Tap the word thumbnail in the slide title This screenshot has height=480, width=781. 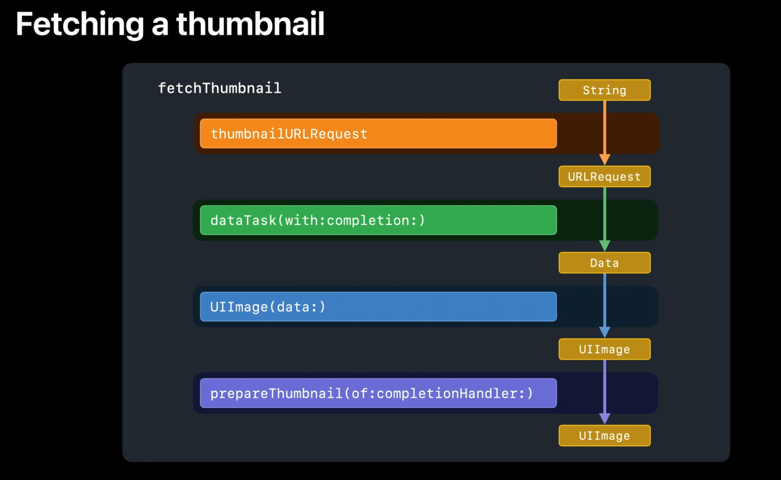(x=250, y=24)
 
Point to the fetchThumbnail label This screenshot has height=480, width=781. (x=220, y=88)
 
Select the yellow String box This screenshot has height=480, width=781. (x=604, y=90)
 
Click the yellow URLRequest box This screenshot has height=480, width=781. (x=604, y=177)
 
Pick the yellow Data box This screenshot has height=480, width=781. (x=604, y=263)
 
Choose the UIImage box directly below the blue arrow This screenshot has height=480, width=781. (x=604, y=349)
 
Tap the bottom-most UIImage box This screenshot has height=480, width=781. (x=604, y=436)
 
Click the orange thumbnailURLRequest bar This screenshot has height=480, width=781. (x=378, y=134)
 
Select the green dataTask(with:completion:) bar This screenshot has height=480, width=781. (x=378, y=220)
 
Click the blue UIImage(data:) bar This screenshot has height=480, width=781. (x=378, y=306)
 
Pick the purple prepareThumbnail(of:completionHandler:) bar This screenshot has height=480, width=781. (x=378, y=393)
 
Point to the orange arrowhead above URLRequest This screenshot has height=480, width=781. (x=604, y=160)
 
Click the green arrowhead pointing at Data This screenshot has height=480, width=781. (x=604, y=246)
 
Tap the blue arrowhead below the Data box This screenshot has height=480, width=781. (x=604, y=332)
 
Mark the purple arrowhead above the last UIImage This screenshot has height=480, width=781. (x=604, y=419)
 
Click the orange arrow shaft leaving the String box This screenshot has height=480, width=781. (x=604, y=128)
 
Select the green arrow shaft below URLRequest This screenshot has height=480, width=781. (x=604, y=214)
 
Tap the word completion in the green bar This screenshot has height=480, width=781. (x=368, y=221)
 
